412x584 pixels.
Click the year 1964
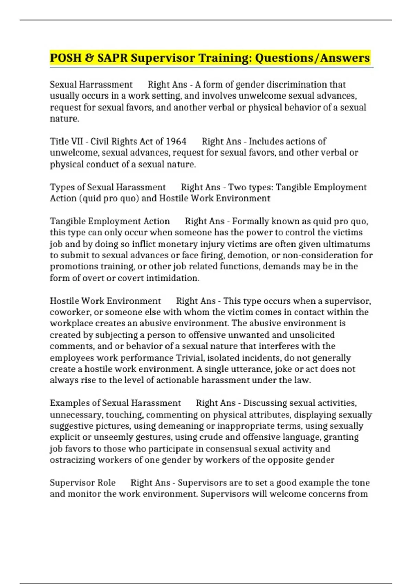pos(176,141)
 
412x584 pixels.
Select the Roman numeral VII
pos(76,141)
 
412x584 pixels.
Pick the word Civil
pos(100,141)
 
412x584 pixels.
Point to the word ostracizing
pos(72,460)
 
